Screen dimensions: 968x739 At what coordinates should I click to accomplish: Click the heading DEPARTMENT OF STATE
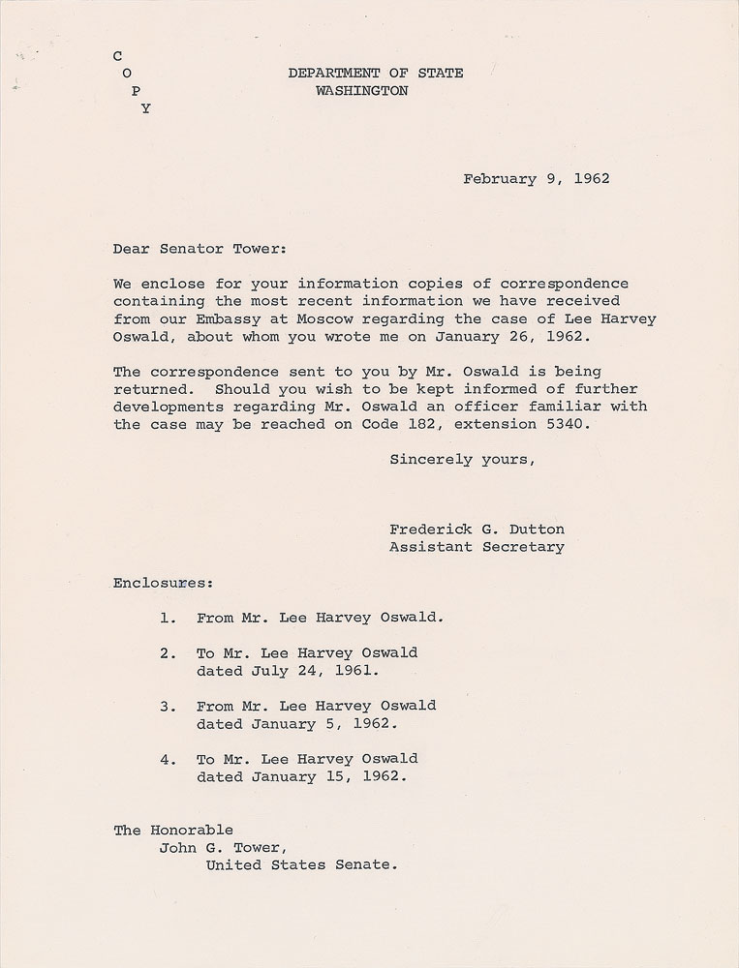tap(375, 73)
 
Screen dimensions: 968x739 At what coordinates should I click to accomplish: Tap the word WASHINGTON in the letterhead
tap(361, 91)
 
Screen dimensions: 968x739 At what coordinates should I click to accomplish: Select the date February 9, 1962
tap(536, 178)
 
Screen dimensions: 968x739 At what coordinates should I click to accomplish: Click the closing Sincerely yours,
tap(462, 459)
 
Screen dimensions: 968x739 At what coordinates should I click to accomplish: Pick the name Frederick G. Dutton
tap(477, 529)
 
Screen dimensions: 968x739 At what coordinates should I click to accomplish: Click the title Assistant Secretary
tap(477, 547)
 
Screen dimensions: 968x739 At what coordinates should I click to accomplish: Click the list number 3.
tap(167, 707)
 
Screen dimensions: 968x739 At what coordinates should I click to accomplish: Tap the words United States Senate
tap(301, 865)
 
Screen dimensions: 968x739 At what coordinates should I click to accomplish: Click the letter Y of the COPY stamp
tap(146, 109)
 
